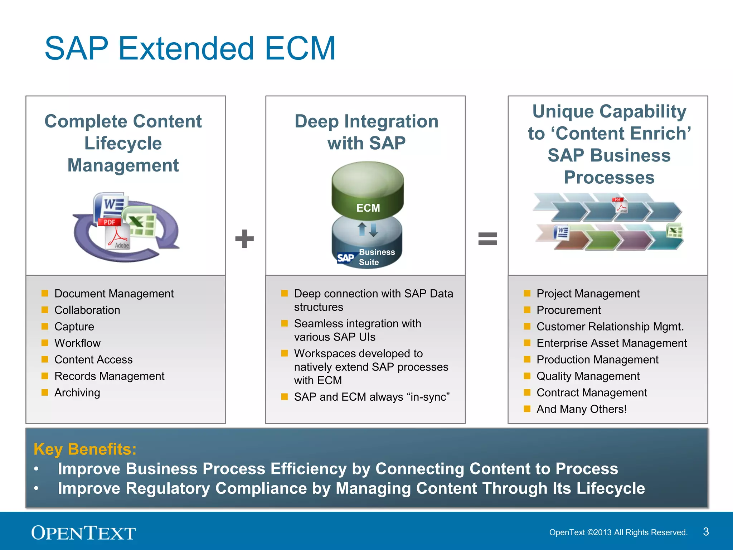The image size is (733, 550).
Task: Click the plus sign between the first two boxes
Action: coord(244,239)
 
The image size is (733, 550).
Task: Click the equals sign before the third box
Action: coord(487,239)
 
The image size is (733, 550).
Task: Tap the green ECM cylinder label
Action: coord(368,208)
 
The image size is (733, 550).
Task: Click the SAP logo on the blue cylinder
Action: coord(345,258)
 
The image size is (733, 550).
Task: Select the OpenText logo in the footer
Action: coord(83,533)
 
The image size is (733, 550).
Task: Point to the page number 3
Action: coord(706,532)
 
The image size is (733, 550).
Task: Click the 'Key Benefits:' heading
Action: coord(85,449)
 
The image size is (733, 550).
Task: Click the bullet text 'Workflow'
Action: coord(77,343)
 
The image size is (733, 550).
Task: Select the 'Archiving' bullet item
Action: coord(77,393)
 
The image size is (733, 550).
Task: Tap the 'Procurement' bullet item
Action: coord(568,310)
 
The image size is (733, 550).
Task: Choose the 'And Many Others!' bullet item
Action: coord(581,409)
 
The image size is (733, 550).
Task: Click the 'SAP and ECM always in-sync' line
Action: coord(372,397)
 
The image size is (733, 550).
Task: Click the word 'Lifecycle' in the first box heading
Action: coord(123,143)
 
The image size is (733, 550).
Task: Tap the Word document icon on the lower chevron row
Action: coord(562,233)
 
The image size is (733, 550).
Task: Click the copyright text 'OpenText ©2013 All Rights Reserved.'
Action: coord(618,532)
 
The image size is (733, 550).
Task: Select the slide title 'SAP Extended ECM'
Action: coord(190,48)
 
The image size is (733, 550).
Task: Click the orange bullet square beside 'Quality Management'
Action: coord(527,376)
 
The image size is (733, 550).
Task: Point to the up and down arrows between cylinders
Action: coord(368,230)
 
